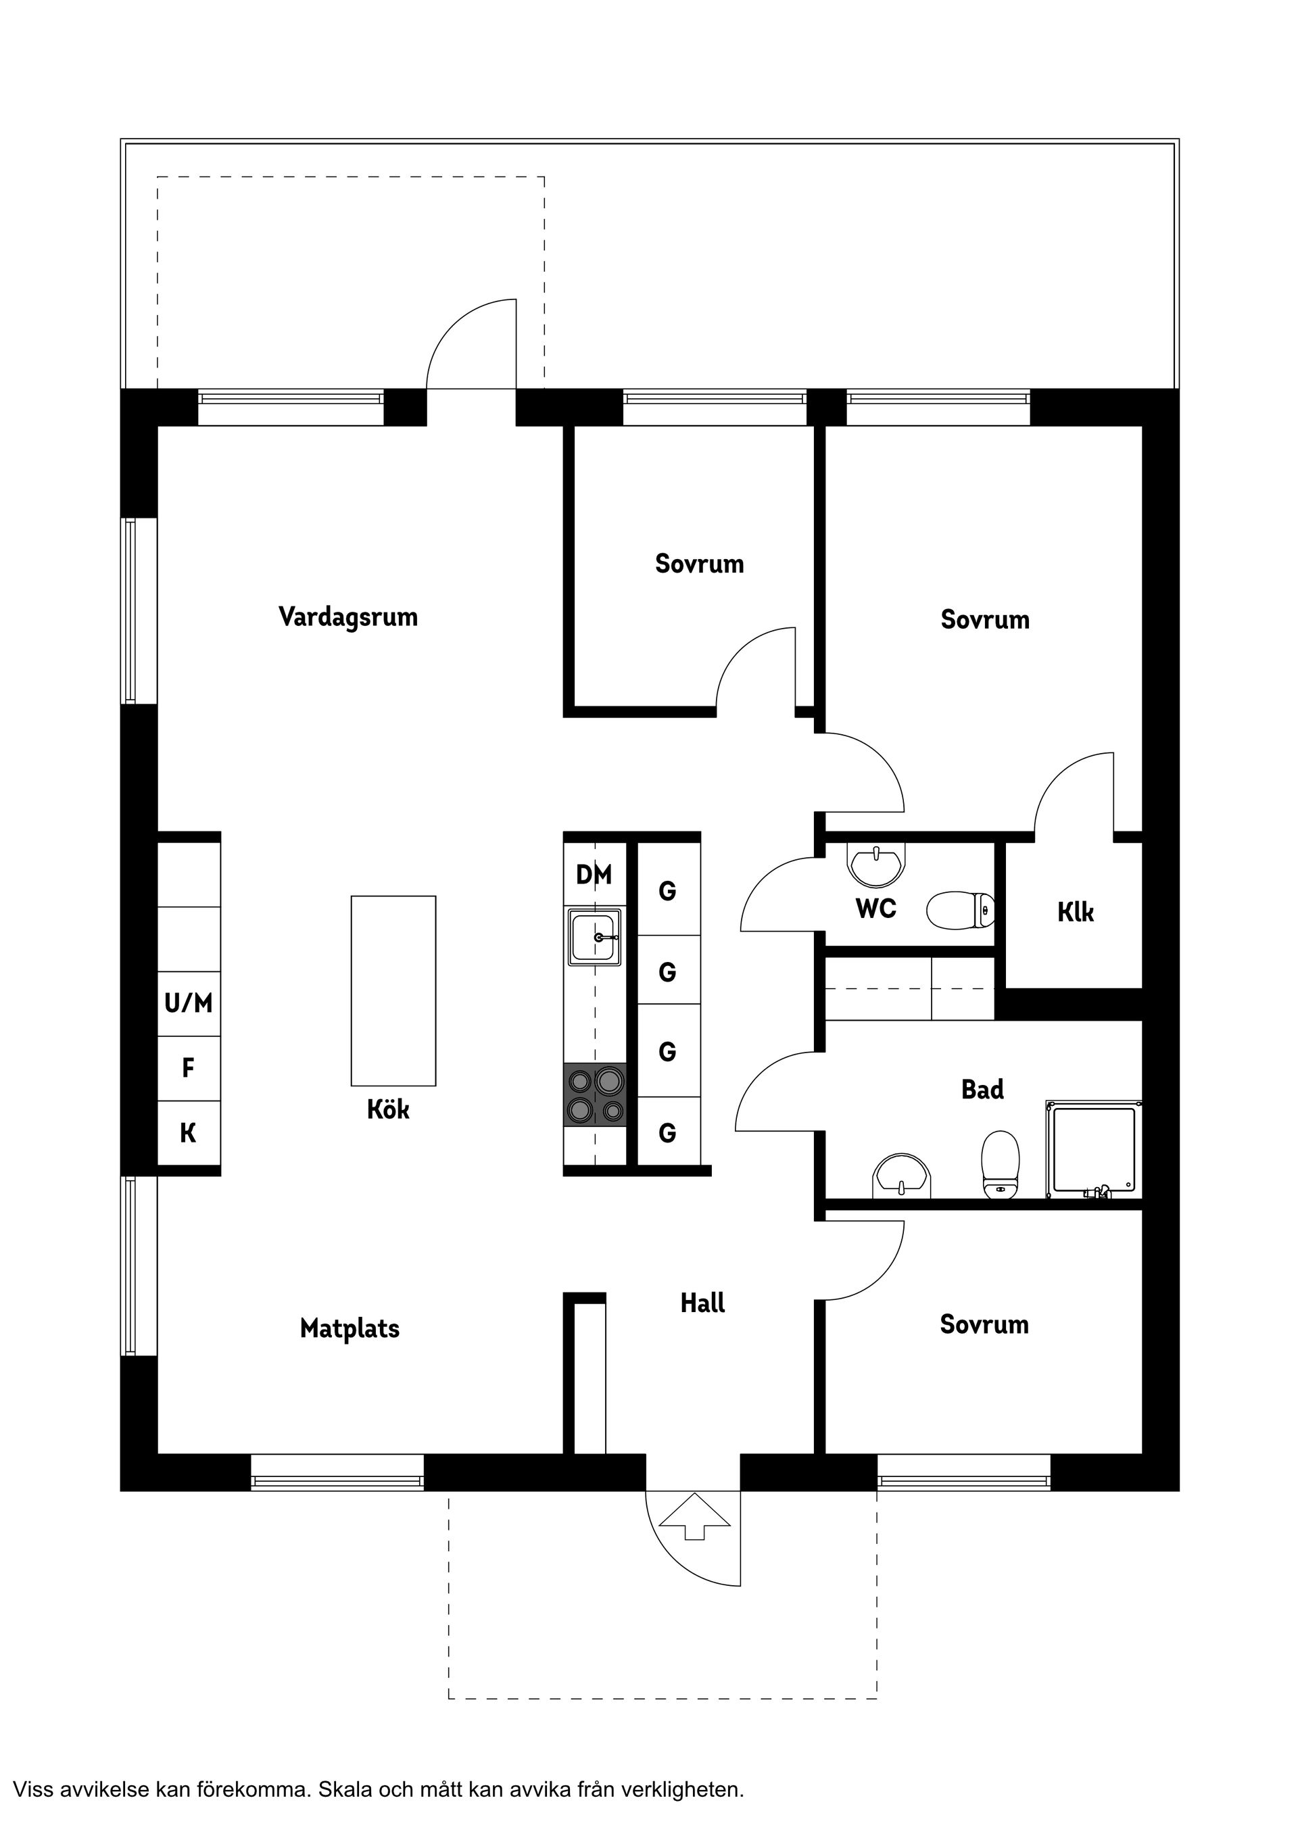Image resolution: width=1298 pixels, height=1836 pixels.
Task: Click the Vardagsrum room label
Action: [x=348, y=617]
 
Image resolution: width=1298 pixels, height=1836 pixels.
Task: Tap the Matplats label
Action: [x=350, y=1329]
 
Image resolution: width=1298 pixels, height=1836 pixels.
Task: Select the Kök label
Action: [x=388, y=1110]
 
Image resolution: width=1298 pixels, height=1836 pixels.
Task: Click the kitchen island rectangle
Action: [x=393, y=991]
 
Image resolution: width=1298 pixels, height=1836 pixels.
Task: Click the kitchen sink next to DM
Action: [x=595, y=937]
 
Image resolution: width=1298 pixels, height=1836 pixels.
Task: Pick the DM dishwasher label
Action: [x=594, y=875]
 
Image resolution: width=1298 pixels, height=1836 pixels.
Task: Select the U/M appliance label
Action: [x=189, y=1002]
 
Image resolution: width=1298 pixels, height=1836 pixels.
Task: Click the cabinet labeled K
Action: [x=189, y=1133]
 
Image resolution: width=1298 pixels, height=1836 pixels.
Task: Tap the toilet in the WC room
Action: [x=961, y=910]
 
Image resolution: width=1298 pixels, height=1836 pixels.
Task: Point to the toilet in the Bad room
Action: [x=1000, y=1163]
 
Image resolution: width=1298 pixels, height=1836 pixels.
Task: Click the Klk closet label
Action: [x=1075, y=913]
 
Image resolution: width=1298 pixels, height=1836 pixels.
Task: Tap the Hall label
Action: [x=702, y=1303]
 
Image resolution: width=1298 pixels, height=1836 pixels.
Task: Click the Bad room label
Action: [x=982, y=1090]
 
